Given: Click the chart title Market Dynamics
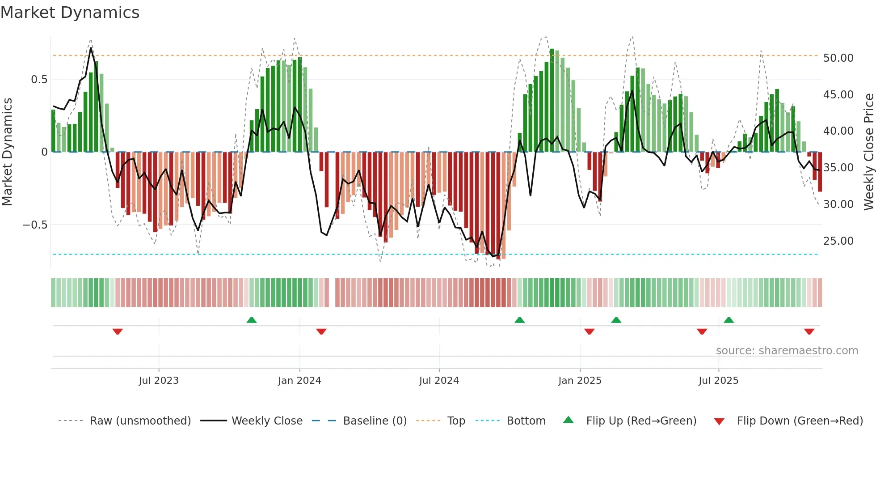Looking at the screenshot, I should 70,13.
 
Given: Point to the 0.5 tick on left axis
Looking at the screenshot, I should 39,80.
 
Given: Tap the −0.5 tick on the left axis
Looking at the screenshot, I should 35,225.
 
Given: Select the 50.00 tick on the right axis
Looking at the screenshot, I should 838,58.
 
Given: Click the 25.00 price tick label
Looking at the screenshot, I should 838,241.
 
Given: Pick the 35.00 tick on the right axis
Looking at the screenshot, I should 838,168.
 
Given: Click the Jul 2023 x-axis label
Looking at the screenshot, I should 159,381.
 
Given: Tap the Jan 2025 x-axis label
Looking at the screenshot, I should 580,381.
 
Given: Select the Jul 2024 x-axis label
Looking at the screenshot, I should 439,381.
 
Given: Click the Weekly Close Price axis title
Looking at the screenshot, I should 868,152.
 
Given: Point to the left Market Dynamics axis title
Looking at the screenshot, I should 7,152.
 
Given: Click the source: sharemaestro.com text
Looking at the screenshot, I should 787,351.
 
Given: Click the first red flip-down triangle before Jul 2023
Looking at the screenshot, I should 118,331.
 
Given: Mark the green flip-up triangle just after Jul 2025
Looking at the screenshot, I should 729,320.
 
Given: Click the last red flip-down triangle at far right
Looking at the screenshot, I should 809,331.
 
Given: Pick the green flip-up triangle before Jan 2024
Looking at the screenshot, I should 252,320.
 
